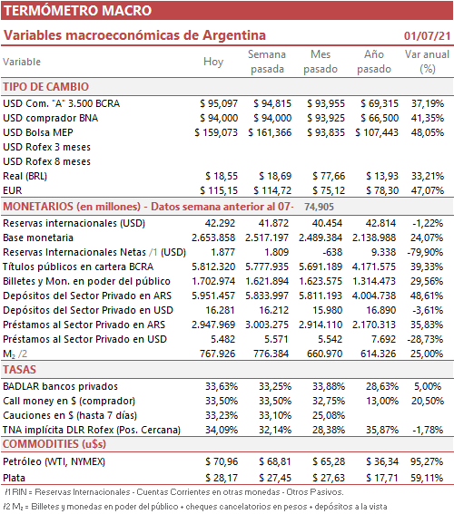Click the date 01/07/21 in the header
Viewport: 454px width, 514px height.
(427, 35)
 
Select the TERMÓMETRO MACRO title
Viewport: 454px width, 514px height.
(77, 11)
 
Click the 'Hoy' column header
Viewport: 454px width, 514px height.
(213, 62)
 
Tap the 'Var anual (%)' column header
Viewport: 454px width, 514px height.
(427, 62)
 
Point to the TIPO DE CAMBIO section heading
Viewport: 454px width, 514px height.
(46, 87)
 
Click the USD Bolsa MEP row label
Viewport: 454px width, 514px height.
(38, 132)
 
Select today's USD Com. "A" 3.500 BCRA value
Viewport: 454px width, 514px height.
(219, 103)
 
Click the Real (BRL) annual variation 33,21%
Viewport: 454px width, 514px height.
(428, 176)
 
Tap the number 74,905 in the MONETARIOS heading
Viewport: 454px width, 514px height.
(319, 207)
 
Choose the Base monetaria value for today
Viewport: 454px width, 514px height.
(213, 238)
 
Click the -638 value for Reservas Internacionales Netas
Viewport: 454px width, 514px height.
(332, 252)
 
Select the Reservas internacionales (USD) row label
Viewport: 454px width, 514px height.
(74, 223)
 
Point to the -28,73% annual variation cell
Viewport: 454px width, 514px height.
(426, 339)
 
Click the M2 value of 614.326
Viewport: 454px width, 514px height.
(378, 354)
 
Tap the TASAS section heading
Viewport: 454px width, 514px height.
(19, 370)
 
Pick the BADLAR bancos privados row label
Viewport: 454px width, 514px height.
(61, 386)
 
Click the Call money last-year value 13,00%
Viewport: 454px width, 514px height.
(382, 401)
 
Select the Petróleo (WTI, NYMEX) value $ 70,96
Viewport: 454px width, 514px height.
(222, 461)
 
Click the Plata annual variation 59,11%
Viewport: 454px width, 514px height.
(427, 478)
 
